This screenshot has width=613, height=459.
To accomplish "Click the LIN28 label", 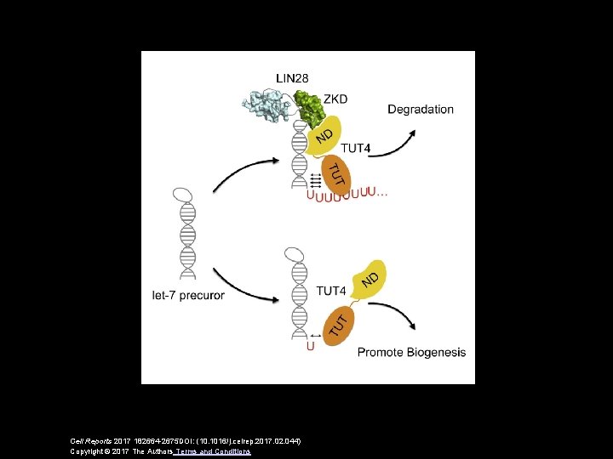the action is click(293, 78).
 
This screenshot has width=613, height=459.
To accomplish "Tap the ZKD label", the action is click(335, 99).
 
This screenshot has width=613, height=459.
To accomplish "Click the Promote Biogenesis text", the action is click(411, 352).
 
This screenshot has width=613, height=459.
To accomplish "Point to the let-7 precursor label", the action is click(188, 295).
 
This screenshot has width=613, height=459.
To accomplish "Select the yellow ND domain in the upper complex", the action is click(324, 137).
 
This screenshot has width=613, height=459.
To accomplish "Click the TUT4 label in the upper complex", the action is click(355, 149).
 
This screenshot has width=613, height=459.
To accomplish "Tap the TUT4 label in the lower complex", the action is click(330, 292).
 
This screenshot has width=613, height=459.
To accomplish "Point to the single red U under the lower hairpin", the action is click(309, 346).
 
